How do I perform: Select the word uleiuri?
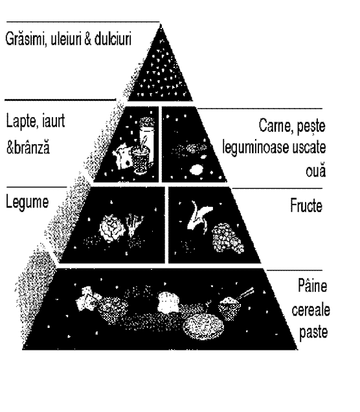pos(66,39)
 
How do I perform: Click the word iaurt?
pos(53,121)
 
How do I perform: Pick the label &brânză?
pos(28,147)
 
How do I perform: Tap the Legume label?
pos(27,203)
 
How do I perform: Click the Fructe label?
pos(306,205)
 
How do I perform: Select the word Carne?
pos(276,125)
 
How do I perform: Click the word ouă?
pos(316,169)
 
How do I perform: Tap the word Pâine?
pos(312,285)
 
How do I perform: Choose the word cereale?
pos(311,310)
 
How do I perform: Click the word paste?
pos(313,332)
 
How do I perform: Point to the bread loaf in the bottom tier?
pos(168,302)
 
